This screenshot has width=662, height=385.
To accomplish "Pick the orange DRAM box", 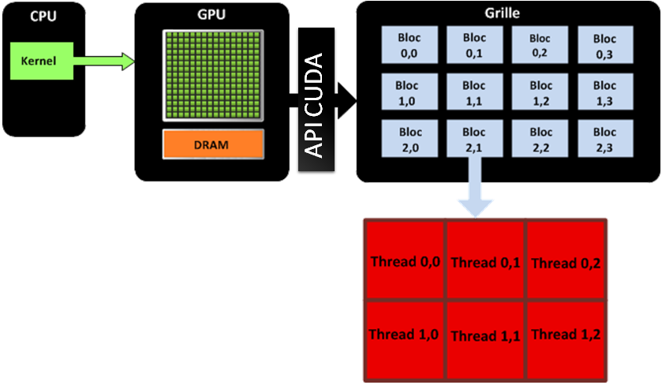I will [x=213, y=144].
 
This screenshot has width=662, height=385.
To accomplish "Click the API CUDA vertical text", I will [x=316, y=107].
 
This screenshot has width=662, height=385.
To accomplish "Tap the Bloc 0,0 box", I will [x=409, y=45].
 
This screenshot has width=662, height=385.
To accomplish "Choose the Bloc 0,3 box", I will [x=604, y=45].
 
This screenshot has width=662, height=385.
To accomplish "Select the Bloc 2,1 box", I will [x=474, y=139].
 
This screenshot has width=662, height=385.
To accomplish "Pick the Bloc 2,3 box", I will [x=604, y=139].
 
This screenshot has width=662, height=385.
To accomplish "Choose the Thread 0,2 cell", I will [x=566, y=262].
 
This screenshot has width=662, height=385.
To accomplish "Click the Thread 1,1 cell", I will [x=485, y=336].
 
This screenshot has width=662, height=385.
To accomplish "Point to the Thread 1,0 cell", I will [x=405, y=335].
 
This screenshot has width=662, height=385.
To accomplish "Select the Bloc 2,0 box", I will [x=409, y=139].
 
